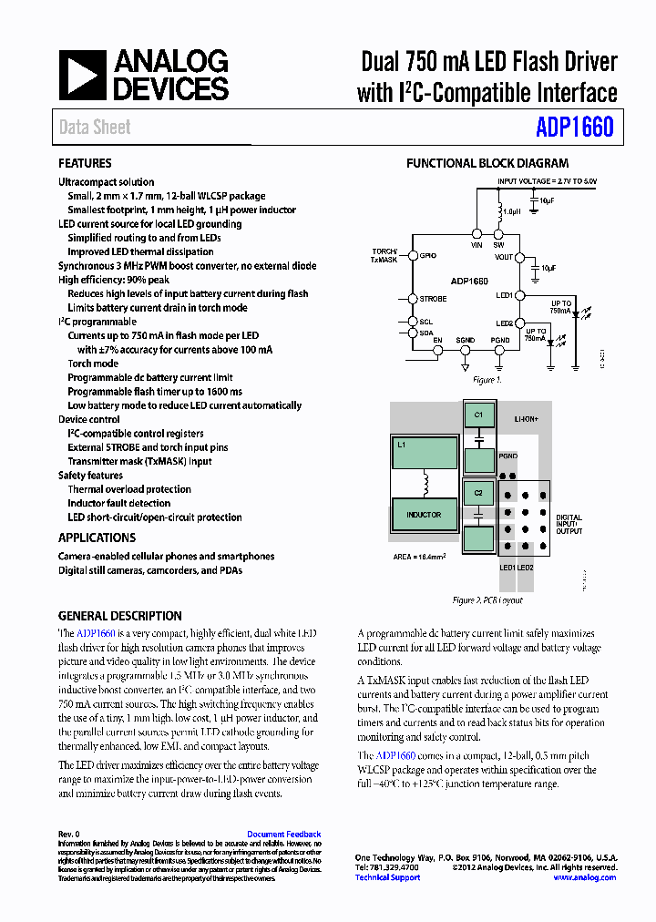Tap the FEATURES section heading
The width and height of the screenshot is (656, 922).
coord(85,163)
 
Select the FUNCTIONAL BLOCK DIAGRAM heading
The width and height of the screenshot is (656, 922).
coord(487,164)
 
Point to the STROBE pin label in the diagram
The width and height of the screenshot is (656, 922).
coord(433,299)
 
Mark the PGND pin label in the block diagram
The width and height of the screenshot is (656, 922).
coord(500,340)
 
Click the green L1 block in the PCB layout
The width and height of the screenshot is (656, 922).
coord(424,451)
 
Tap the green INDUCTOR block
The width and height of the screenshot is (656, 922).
coord(424,515)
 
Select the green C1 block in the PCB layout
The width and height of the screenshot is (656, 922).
coord(478,415)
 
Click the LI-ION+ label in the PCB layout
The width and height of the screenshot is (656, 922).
coord(526,421)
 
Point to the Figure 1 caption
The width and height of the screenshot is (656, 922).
coord(487,380)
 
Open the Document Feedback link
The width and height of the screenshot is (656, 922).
coord(283,835)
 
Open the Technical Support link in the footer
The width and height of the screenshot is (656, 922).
coord(387,877)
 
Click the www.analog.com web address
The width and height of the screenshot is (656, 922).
coord(584,877)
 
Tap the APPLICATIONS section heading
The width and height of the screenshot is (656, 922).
coord(97,538)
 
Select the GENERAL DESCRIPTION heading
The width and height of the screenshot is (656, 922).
coord(119,616)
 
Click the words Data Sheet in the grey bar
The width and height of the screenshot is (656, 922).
coord(95,128)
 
